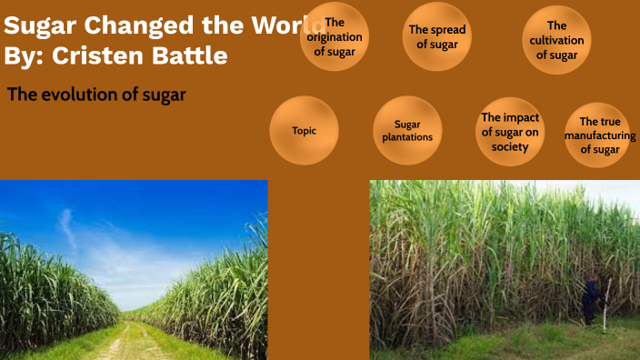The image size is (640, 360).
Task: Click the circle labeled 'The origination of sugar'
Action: pyautogui.click(x=335, y=36)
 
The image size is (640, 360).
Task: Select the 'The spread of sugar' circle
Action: pyautogui.click(x=437, y=37)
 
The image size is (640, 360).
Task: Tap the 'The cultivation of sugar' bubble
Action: pyautogui.click(x=557, y=40)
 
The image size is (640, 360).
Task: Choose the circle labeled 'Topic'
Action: pyautogui.click(x=305, y=131)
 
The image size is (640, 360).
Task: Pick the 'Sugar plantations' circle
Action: pyautogui.click(x=407, y=131)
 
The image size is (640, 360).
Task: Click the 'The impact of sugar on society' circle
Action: pyautogui.click(x=510, y=132)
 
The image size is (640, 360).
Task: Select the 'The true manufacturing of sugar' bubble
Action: pyautogui.click(x=599, y=135)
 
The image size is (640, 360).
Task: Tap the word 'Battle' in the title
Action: pyautogui.click(x=196, y=55)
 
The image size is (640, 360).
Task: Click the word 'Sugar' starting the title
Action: pyautogui.click(x=35, y=25)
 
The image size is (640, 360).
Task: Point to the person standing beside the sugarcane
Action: pyautogui.click(x=591, y=301)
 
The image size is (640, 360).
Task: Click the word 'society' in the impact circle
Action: pyautogui.click(x=510, y=146)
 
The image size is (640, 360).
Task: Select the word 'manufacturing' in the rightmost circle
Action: pyautogui.click(x=599, y=135)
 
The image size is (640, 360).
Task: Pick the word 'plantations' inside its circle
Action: pyautogui.click(x=407, y=137)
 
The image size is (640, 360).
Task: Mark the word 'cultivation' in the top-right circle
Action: pyautogui.click(x=557, y=40)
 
